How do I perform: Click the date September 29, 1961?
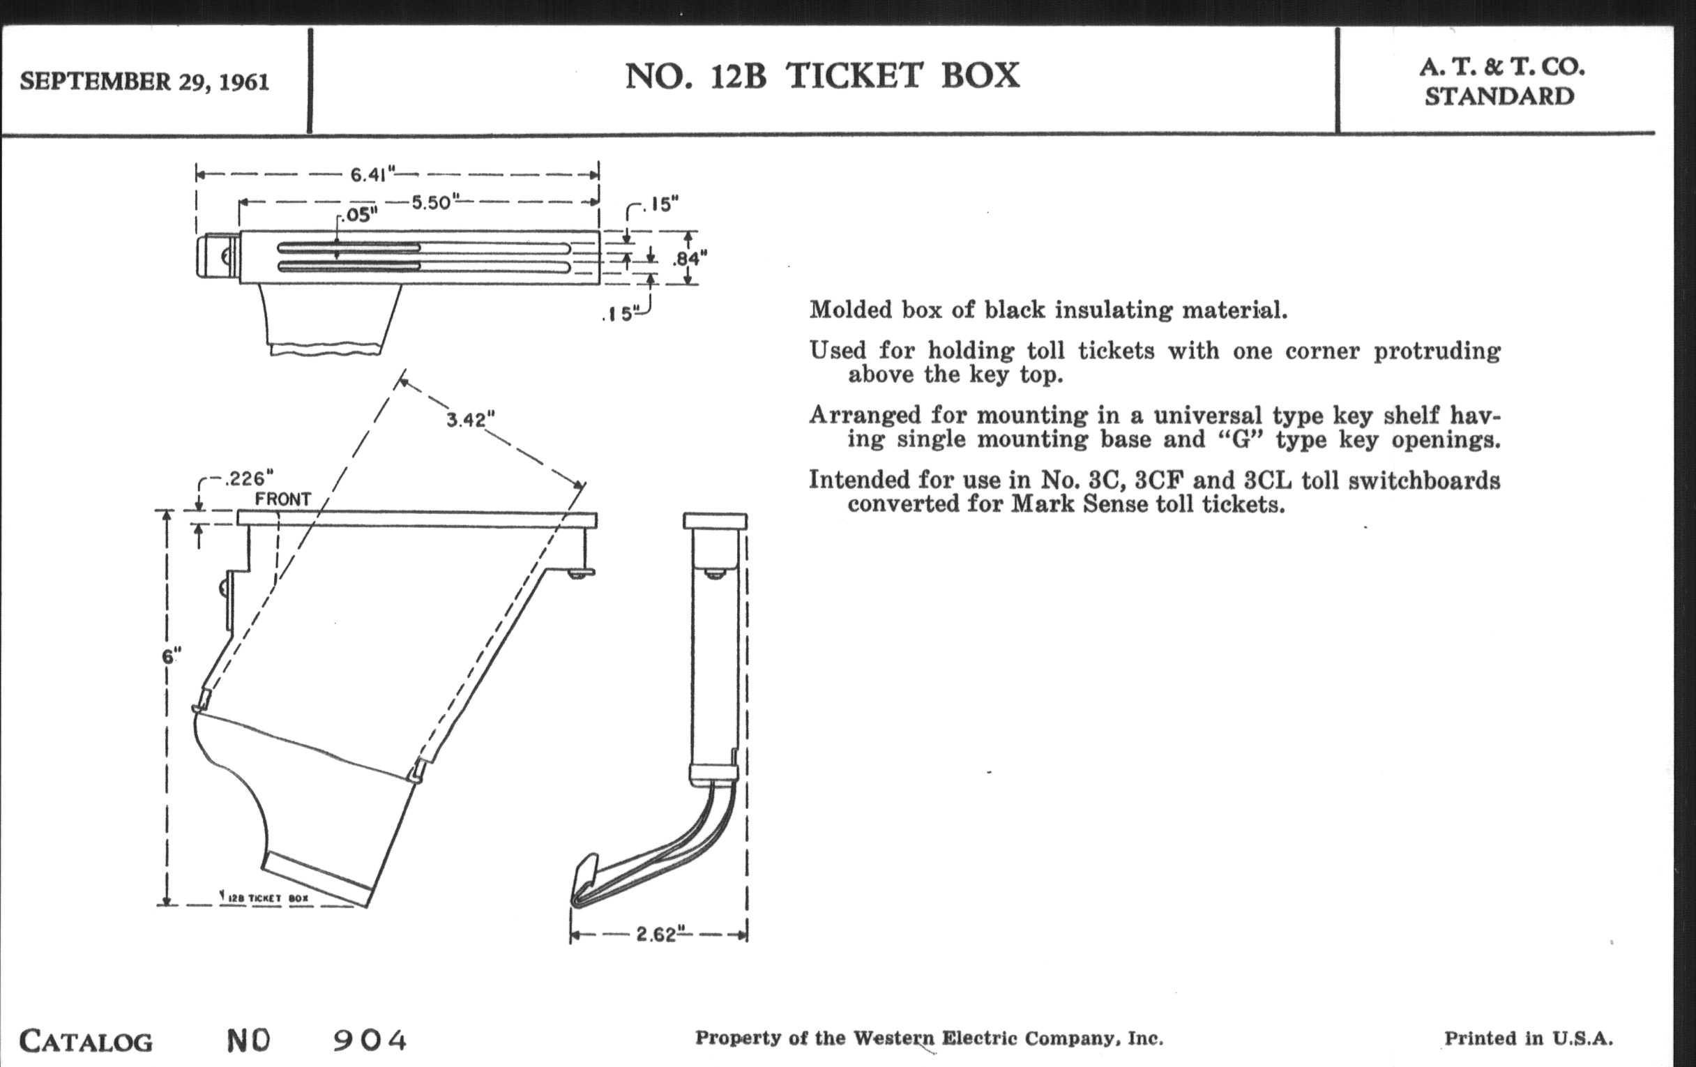[144, 82]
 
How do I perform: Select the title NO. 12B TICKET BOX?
[822, 76]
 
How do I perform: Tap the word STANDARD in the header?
[1499, 96]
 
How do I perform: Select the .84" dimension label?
[689, 259]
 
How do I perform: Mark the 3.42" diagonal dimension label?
[471, 420]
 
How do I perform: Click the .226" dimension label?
[249, 479]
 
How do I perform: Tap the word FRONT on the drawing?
[282, 499]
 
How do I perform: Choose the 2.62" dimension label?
[656, 934]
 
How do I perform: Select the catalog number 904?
[370, 1040]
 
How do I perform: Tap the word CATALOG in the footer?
[86, 1042]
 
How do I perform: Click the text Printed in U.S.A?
[1529, 1038]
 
